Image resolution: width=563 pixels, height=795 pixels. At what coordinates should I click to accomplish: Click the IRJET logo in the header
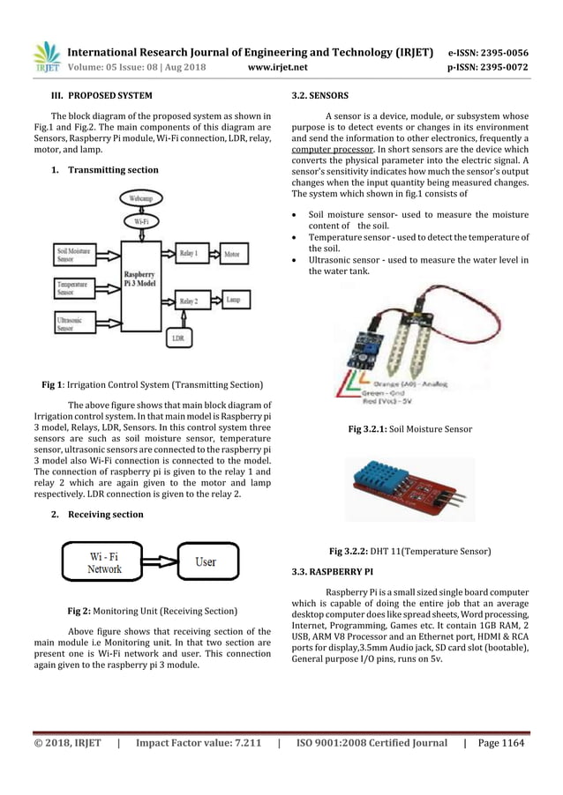[x=45, y=56]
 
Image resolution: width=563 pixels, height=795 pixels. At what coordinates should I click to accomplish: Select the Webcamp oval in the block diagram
[x=141, y=199]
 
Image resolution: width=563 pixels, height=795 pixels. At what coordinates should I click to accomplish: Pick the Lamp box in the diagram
[x=233, y=301]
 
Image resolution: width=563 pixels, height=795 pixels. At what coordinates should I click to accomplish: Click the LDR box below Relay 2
[x=179, y=337]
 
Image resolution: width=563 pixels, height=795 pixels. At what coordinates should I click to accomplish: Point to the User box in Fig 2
[x=206, y=561]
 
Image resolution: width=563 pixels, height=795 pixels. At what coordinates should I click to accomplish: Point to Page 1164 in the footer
[x=500, y=743]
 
